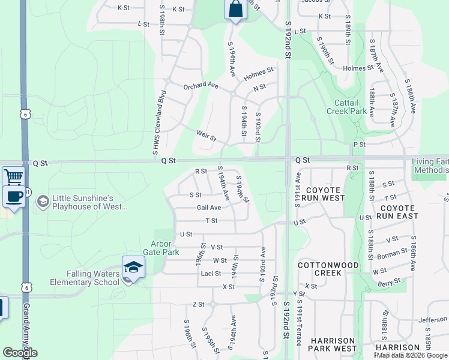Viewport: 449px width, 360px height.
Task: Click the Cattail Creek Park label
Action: tap(346, 107)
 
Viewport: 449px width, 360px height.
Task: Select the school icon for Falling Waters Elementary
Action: tap(133, 268)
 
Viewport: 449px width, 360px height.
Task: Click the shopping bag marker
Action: tap(235, 10)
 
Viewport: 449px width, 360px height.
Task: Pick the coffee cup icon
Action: tap(13, 196)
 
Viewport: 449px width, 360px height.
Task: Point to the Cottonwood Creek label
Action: tap(328, 269)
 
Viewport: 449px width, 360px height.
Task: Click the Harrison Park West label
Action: tap(333, 344)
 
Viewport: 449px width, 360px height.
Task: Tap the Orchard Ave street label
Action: tap(200, 85)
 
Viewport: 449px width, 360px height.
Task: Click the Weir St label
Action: tap(206, 135)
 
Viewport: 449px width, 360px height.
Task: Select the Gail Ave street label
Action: tap(209, 208)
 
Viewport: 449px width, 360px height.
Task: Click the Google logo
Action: tap(19, 353)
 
